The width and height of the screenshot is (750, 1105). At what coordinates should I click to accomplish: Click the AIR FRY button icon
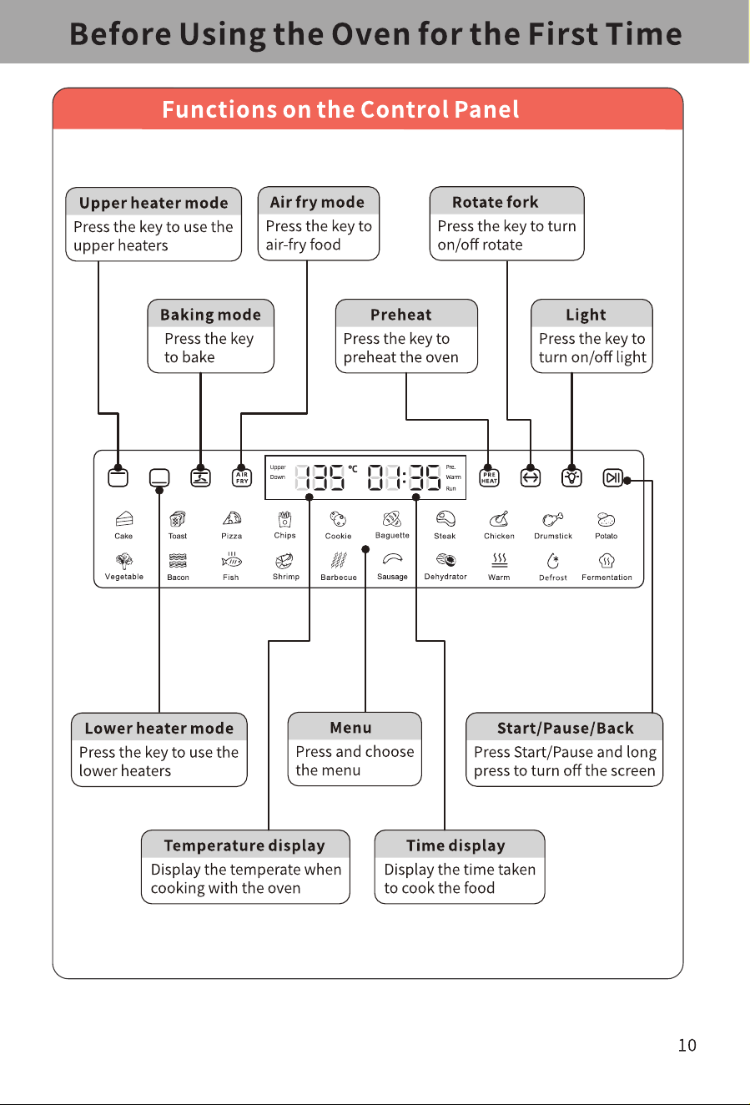(x=242, y=477)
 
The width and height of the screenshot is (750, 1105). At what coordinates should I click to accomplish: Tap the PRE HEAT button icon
(x=489, y=477)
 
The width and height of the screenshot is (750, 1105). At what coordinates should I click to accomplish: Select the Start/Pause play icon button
(x=613, y=477)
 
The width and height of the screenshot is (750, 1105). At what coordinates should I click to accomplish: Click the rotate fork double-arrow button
(x=531, y=477)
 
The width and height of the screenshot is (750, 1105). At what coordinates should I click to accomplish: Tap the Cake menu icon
(x=123, y=519)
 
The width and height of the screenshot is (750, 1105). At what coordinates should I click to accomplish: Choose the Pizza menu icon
(x=232, y=518)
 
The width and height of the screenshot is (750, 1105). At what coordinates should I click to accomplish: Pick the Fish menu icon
(x=231, y=560)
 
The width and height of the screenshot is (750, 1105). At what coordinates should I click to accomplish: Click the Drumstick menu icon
(x=553, y=519)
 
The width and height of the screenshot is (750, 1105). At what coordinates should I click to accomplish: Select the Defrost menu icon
(x=553, y=560)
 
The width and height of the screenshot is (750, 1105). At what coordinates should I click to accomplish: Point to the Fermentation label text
(x=607, y=578)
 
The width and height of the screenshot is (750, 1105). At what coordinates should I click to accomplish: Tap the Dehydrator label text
(x=445, y=577)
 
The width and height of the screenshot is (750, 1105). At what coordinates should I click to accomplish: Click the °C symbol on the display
(x=353, y=469)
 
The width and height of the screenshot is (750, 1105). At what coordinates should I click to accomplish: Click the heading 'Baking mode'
(x=210, y=315)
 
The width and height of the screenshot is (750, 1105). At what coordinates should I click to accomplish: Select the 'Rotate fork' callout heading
(x=495, y=202)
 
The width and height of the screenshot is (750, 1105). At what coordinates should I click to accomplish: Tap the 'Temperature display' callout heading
(x=244, y=845)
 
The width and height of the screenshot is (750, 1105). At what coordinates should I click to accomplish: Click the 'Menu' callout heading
(x=350, y=728)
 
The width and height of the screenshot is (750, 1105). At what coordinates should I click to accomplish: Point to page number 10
(x=687, y=1045)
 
